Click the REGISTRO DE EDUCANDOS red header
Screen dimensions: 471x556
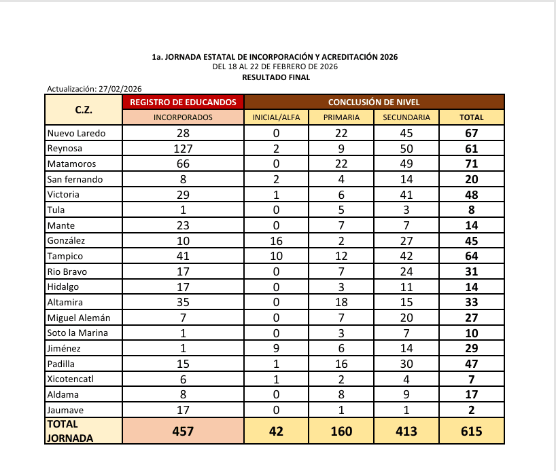coord(183,102)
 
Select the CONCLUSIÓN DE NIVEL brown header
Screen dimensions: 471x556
coord(374,102)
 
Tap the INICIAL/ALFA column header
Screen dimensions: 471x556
coord(276,117)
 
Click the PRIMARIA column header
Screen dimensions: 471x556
coord(342,117)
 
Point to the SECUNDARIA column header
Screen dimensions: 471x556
coord(406,117)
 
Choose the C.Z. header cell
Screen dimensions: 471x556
coord(84,109)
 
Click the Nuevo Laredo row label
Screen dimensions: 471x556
coord(76,133)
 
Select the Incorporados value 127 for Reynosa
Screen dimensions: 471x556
coord(183,149)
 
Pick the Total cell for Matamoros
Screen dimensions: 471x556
coord(471,164)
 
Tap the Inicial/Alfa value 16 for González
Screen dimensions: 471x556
coord(276,240)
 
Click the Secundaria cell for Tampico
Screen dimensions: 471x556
coord(406,256)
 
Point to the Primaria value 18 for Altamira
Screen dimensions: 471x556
coord(342,302)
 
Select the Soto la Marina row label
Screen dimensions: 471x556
coord(77,333)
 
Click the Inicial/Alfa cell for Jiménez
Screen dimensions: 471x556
coord(276,348)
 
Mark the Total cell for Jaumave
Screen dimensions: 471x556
coord(471,409)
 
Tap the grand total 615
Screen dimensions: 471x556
coord(471,431)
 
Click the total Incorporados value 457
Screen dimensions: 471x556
coord(183,431)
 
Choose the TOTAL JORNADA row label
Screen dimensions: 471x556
coord(71,431)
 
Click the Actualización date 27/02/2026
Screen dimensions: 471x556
coord(120,89)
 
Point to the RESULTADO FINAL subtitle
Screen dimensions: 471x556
coord(276,77)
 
